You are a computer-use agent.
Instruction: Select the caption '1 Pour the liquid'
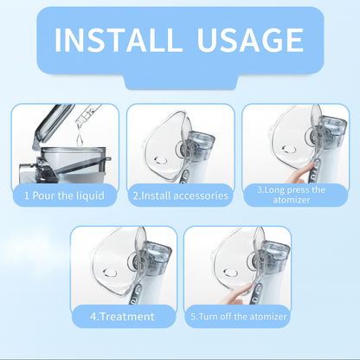tap(64, 196)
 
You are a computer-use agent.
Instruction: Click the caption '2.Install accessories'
tap(180, 196)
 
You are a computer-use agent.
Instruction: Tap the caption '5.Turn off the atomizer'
tap(238, 317)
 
